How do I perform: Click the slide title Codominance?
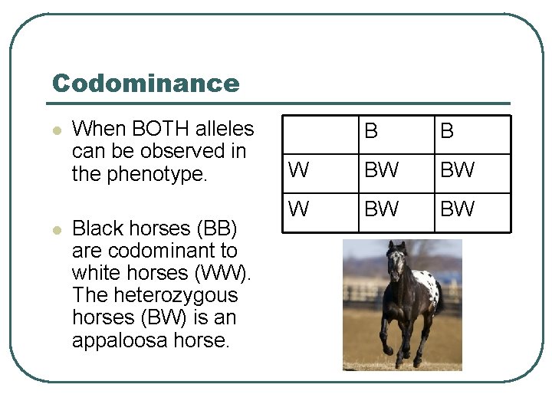(146, 83)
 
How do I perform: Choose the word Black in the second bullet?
(97, 228)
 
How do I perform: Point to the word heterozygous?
(155, 295)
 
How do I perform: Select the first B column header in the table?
(371, 132)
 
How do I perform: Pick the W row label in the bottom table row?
(298, 209)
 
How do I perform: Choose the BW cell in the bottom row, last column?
(458, 209)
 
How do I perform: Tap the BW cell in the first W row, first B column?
(381, 171)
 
